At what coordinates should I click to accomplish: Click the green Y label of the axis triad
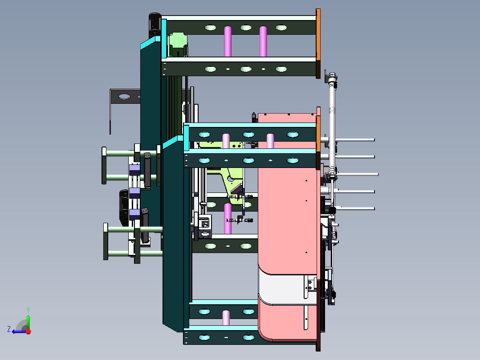click(28, 309)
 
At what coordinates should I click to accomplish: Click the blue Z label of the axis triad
click(9, 329)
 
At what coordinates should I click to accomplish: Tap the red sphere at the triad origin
click(28, 331)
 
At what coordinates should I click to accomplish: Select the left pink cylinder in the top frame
click(228, 41)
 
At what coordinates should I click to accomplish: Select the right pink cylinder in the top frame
click(263, 41)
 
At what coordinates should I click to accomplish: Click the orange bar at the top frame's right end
click(318, 34)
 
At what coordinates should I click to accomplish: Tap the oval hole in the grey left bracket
click(124, 96)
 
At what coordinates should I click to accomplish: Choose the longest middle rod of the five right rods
click(356, 174)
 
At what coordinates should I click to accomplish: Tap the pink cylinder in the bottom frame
click(227, 317)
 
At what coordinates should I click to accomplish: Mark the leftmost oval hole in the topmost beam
click(210, 28)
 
